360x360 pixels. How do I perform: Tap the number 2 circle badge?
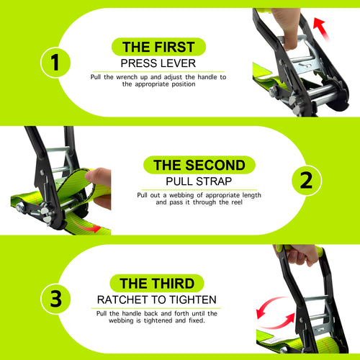pos(305,180)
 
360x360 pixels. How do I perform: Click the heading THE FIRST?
pos(158,48)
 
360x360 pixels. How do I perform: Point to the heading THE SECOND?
pos(194,165)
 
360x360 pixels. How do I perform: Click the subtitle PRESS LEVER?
pos(158,63)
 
